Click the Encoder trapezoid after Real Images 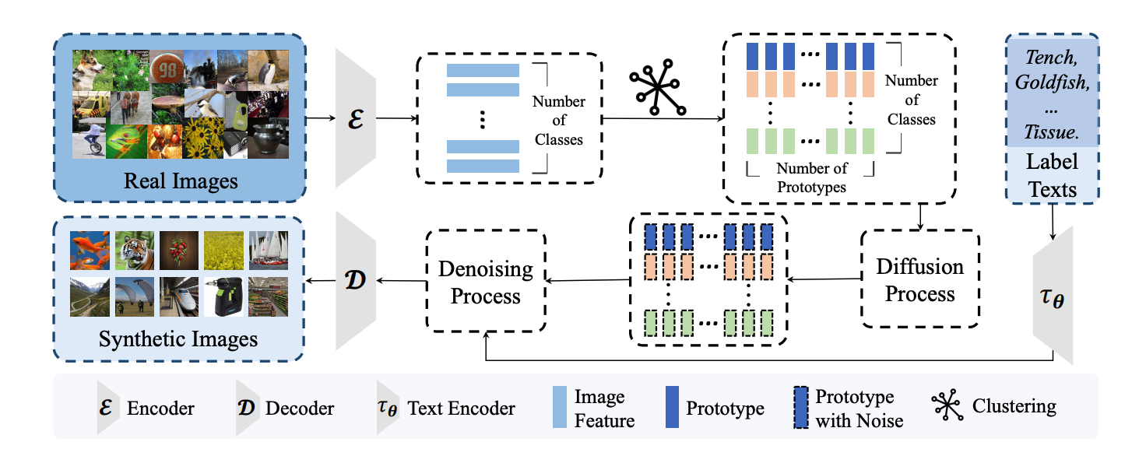point(355,118)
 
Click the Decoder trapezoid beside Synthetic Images point(355,279)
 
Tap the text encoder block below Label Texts point(1053,296)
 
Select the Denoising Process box point(485,282)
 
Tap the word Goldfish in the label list point(1053,81)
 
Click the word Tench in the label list point(1053,57)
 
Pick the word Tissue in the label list point(1053,132)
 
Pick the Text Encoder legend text point(461,408)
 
